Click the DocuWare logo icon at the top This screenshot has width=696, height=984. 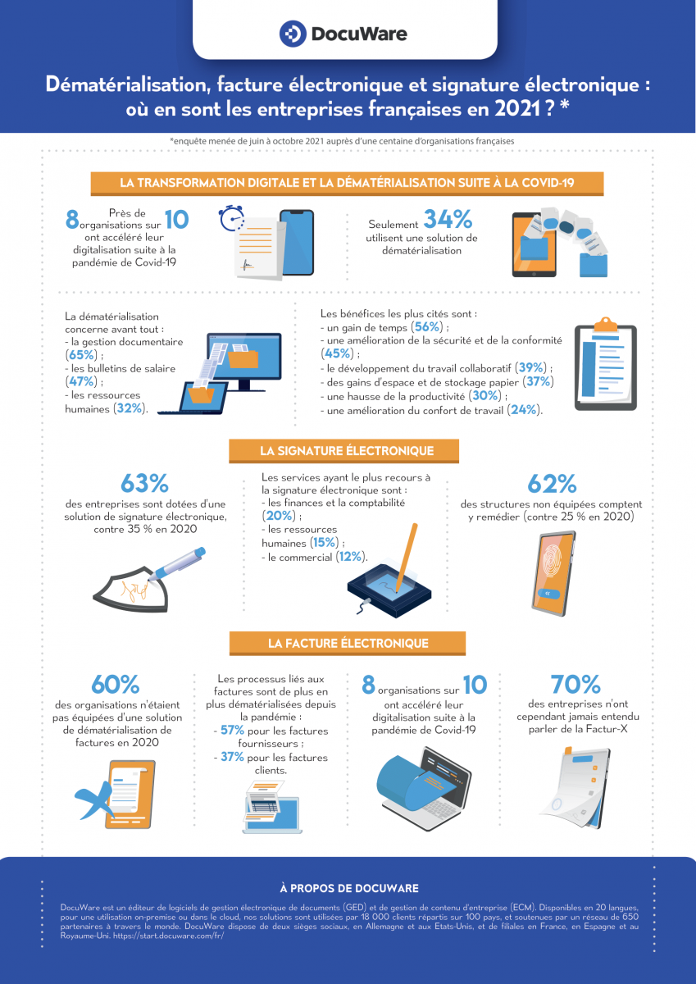point(293,34)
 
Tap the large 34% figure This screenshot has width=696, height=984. point(448,219)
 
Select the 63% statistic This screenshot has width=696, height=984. point(144,483)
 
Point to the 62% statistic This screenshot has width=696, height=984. point(552,483)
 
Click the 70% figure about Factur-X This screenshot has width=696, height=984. point(576,684)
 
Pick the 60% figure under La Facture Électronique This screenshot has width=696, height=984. point(116,684)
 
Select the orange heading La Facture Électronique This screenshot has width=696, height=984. point(347,644)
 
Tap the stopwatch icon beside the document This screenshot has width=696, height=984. point(232,220)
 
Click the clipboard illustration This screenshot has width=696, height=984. point(606,365)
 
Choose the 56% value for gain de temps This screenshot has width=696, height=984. point(428,326)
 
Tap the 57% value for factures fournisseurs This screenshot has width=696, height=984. point(232,730)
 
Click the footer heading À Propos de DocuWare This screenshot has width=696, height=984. point(348,888)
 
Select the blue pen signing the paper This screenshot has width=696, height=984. point(177,566)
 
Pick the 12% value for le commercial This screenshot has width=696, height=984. point(351,557)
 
